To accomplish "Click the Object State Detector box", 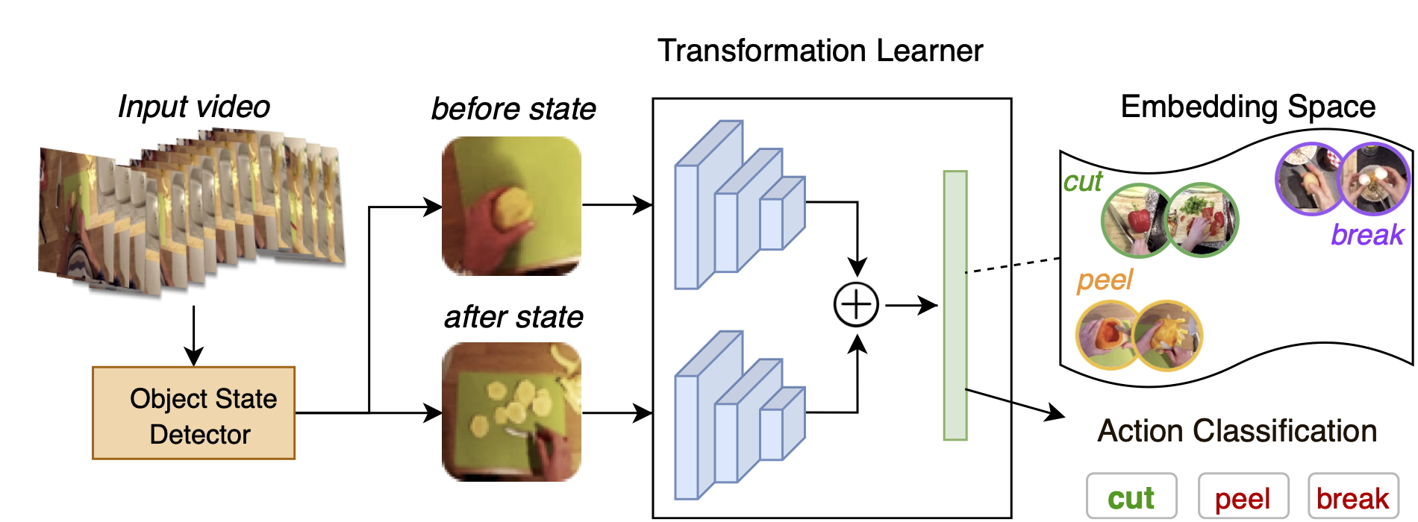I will click(x=193, y=413).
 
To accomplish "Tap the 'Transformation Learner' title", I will click(x=819, y=51).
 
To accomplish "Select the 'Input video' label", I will click(x=194, y=107).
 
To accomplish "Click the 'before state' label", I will click(x=513, y=109).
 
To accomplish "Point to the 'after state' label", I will click(x=513, y=317).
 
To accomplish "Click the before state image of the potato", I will click(x=511, y=206).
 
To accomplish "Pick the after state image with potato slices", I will click(x=511, y=412).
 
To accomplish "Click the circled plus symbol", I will click(x=856, y=305).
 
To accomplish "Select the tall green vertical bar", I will click(x=955, y=305).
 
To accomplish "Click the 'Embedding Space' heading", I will click(x=1248, y=107).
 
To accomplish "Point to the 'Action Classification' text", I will click(x=1237, y=431).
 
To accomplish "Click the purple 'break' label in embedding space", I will click(x=1367, y=235).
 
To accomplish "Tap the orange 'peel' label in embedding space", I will click(x=1105, y=280).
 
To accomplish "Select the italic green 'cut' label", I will click(x=1082, y=181).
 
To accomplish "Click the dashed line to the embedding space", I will click(x=1013, y=265).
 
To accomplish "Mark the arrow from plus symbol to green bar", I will click(x=911, y=305).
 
